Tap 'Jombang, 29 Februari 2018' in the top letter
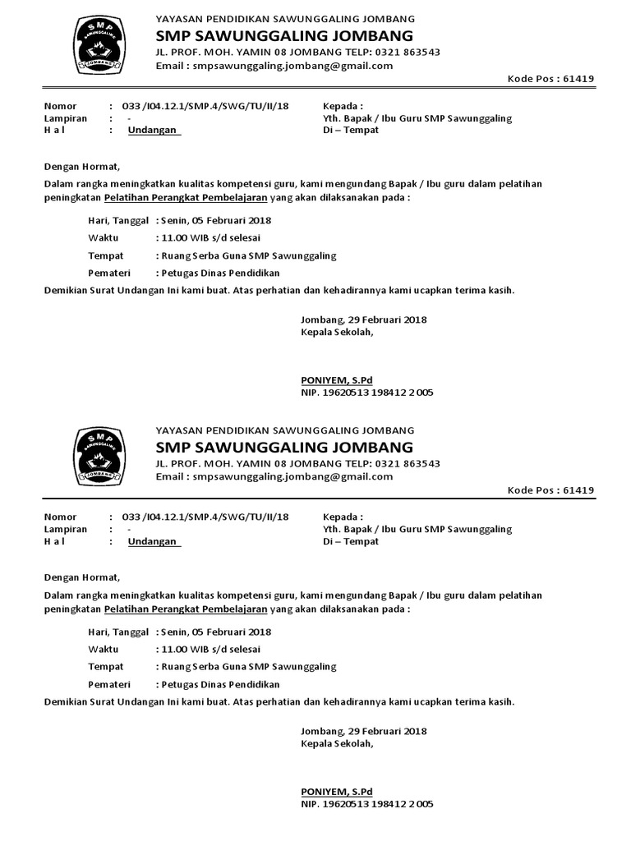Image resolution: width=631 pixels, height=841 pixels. [364, 320]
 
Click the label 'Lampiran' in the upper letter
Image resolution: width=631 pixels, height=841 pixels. [65, 118]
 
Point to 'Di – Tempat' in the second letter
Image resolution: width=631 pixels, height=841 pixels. [351, 541]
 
